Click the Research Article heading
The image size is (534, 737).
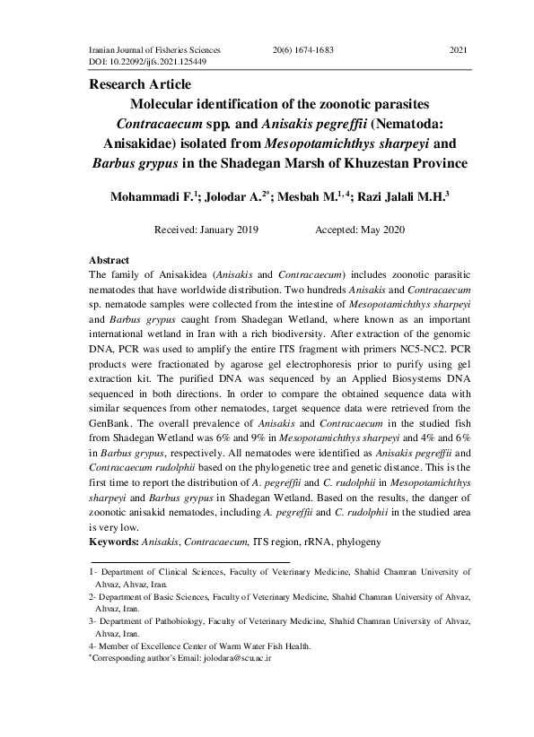(137, 85)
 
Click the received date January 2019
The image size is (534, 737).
(232, 230)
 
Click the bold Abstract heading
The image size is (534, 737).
(110, 259)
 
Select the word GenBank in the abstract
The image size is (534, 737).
(111, 415)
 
